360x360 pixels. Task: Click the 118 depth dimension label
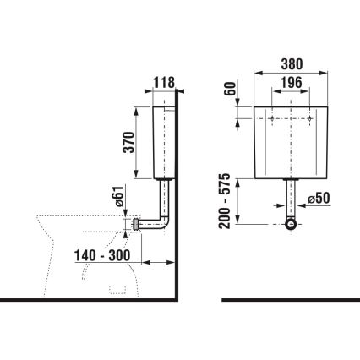[164, 82]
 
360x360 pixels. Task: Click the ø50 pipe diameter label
[319, 199]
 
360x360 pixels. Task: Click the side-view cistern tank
[165, 142]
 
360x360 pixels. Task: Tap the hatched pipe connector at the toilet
[139, 225]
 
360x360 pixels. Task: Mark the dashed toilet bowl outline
[85, 245]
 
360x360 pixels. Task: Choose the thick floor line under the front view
[290, 300]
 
